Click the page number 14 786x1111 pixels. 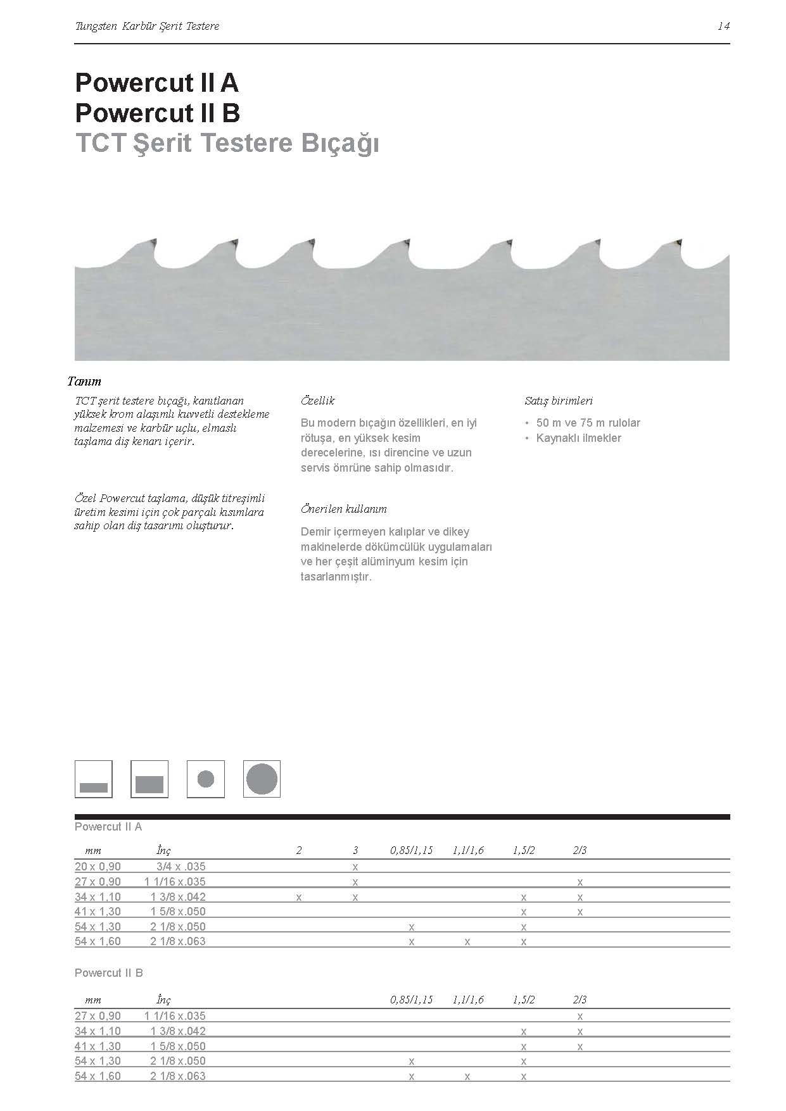[x=723, y=26]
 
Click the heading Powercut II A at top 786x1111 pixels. [x=156, y=83]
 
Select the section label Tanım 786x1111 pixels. [x=84, y=381]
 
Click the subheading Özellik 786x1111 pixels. [x=317, y=401]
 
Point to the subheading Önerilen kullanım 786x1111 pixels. [x=343, y=509]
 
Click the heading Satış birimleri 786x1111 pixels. [x=559, y=401]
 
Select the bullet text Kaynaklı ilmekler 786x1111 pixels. [x=578, y=438]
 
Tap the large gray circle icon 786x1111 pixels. [x=262, y=779]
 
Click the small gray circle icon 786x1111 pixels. [x=206, y=779]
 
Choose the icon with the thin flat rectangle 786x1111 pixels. [x=94, y=779]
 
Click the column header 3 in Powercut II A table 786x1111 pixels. [x=355, y=850]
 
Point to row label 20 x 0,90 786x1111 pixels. [x=98, y=867]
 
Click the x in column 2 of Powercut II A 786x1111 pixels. [x=299, y=897]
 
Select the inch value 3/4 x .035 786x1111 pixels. [x=181, y=867]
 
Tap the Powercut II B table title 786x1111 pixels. [x=109, y=972]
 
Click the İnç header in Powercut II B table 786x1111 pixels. [x=163, y=1000]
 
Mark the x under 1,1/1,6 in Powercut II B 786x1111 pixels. [x=467, y=1076]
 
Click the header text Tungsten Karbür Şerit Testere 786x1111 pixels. [x=147, y=26]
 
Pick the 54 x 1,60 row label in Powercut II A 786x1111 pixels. [x=98, y=941]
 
